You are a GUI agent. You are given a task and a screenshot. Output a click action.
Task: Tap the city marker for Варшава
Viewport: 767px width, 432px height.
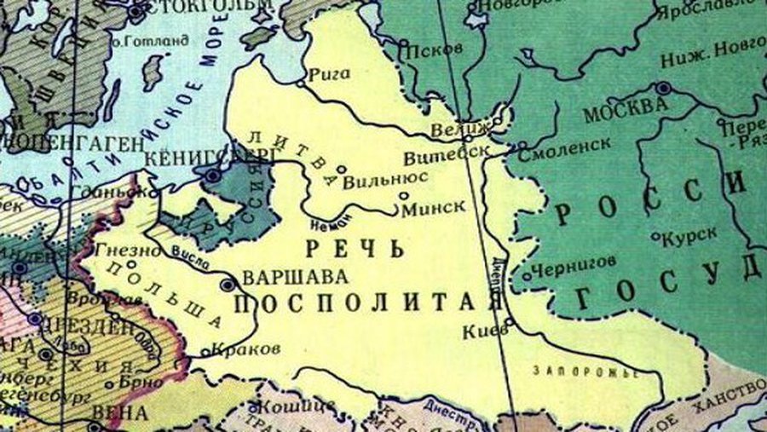(x=228, y=285)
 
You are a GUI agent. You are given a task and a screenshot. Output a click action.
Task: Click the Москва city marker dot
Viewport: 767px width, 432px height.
(x=662, y=88)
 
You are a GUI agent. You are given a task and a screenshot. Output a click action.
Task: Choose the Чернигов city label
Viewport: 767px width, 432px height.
(x=572, y=266)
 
